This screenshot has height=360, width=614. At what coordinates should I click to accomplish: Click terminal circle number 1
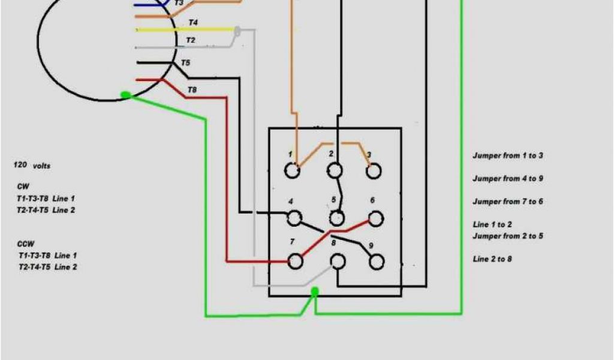point(292,171)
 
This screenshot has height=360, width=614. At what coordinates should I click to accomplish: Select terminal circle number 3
point(374,171)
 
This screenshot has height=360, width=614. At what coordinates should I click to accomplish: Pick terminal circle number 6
point(376,218)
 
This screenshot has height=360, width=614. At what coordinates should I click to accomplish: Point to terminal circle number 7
point(294,261)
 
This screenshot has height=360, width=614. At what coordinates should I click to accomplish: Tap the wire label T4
point(193,23)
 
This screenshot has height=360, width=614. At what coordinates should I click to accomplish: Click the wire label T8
point(192,90)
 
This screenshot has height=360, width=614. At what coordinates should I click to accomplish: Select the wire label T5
point(185,63)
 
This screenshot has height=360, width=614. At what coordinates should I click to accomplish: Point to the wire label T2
point(190,40)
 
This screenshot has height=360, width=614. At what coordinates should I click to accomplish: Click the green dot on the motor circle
point(125,95)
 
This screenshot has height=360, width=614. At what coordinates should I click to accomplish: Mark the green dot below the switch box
point(314,292)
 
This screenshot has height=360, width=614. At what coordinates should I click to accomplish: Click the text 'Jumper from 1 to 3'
point(507,155)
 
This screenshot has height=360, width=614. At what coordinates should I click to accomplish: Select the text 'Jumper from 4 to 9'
point(507,178)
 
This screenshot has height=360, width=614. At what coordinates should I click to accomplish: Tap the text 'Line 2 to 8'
point(492,259)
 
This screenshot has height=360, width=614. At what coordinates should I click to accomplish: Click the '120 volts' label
point(32,165)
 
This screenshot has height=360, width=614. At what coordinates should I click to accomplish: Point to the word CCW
point(26,244)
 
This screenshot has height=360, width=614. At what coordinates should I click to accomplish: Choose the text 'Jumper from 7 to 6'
point(507,202)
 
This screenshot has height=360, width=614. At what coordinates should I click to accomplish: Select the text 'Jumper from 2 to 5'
point(507,236)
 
